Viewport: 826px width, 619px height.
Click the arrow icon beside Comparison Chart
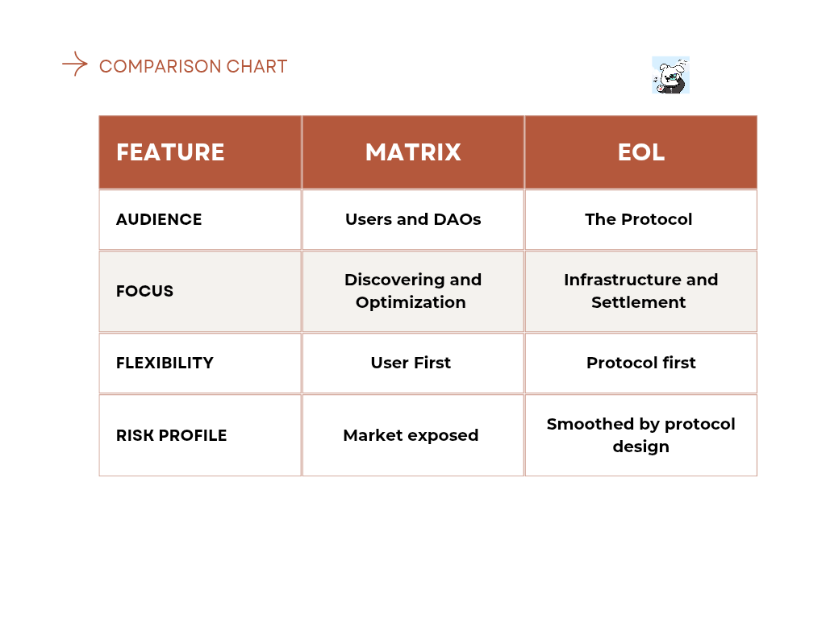(75, 64)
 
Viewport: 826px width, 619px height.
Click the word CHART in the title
(257, 66)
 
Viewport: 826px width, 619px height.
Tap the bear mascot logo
(670, 75)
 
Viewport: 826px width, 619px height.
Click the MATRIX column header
(413, 152)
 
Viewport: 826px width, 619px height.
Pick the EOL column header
(641, 152)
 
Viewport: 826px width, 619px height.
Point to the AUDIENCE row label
(159, 219)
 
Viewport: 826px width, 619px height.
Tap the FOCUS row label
(144, 291)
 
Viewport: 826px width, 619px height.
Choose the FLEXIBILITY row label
(165, 363)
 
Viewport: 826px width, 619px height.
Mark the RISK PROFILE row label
(171, 435)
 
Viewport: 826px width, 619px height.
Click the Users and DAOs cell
(413, 219)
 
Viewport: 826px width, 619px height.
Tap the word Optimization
(411, 303)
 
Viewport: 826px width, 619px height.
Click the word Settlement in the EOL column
(639, 303)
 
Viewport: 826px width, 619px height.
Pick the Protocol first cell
(641, 363)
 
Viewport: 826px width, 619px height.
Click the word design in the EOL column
(641, 447)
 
